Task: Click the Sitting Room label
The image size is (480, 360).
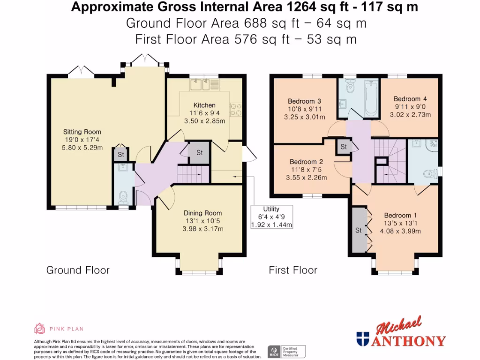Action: tap(82, 132)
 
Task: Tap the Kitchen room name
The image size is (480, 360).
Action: tap(204, 105)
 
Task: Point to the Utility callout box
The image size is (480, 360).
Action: tap(271, 217)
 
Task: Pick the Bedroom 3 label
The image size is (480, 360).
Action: tap(304, 101)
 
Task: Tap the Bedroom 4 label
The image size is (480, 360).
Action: tap(410, 99)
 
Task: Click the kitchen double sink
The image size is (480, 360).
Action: tap(202, 84)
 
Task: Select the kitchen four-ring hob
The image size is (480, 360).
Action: tap(235, 109)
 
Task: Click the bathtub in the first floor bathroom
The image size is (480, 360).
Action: tap(371, 97)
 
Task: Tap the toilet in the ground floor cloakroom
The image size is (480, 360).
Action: tap(123, 198)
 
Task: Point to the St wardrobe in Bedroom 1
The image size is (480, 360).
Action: tap(359, 230)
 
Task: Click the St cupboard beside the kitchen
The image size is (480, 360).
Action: tap(199, 153)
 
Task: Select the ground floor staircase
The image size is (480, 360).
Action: tap(192, 174)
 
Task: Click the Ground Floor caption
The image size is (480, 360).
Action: tap(78, 270)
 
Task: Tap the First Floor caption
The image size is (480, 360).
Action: tap(292, 270)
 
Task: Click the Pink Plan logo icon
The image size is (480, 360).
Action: tap(40, 329)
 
